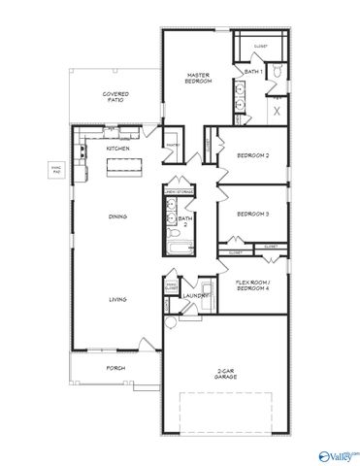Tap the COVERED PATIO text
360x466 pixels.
(x=116, y=97)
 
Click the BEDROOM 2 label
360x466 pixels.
(x=253, y=155)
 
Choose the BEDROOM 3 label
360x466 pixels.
(x=253, y=215)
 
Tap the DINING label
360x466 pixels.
(x=118, y=217)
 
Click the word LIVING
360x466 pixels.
(x=117, y=300)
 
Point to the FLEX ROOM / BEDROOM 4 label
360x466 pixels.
(x=255, y=287)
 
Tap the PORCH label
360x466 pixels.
(x=116, y=368)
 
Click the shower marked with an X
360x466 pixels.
(x=277, y=112)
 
